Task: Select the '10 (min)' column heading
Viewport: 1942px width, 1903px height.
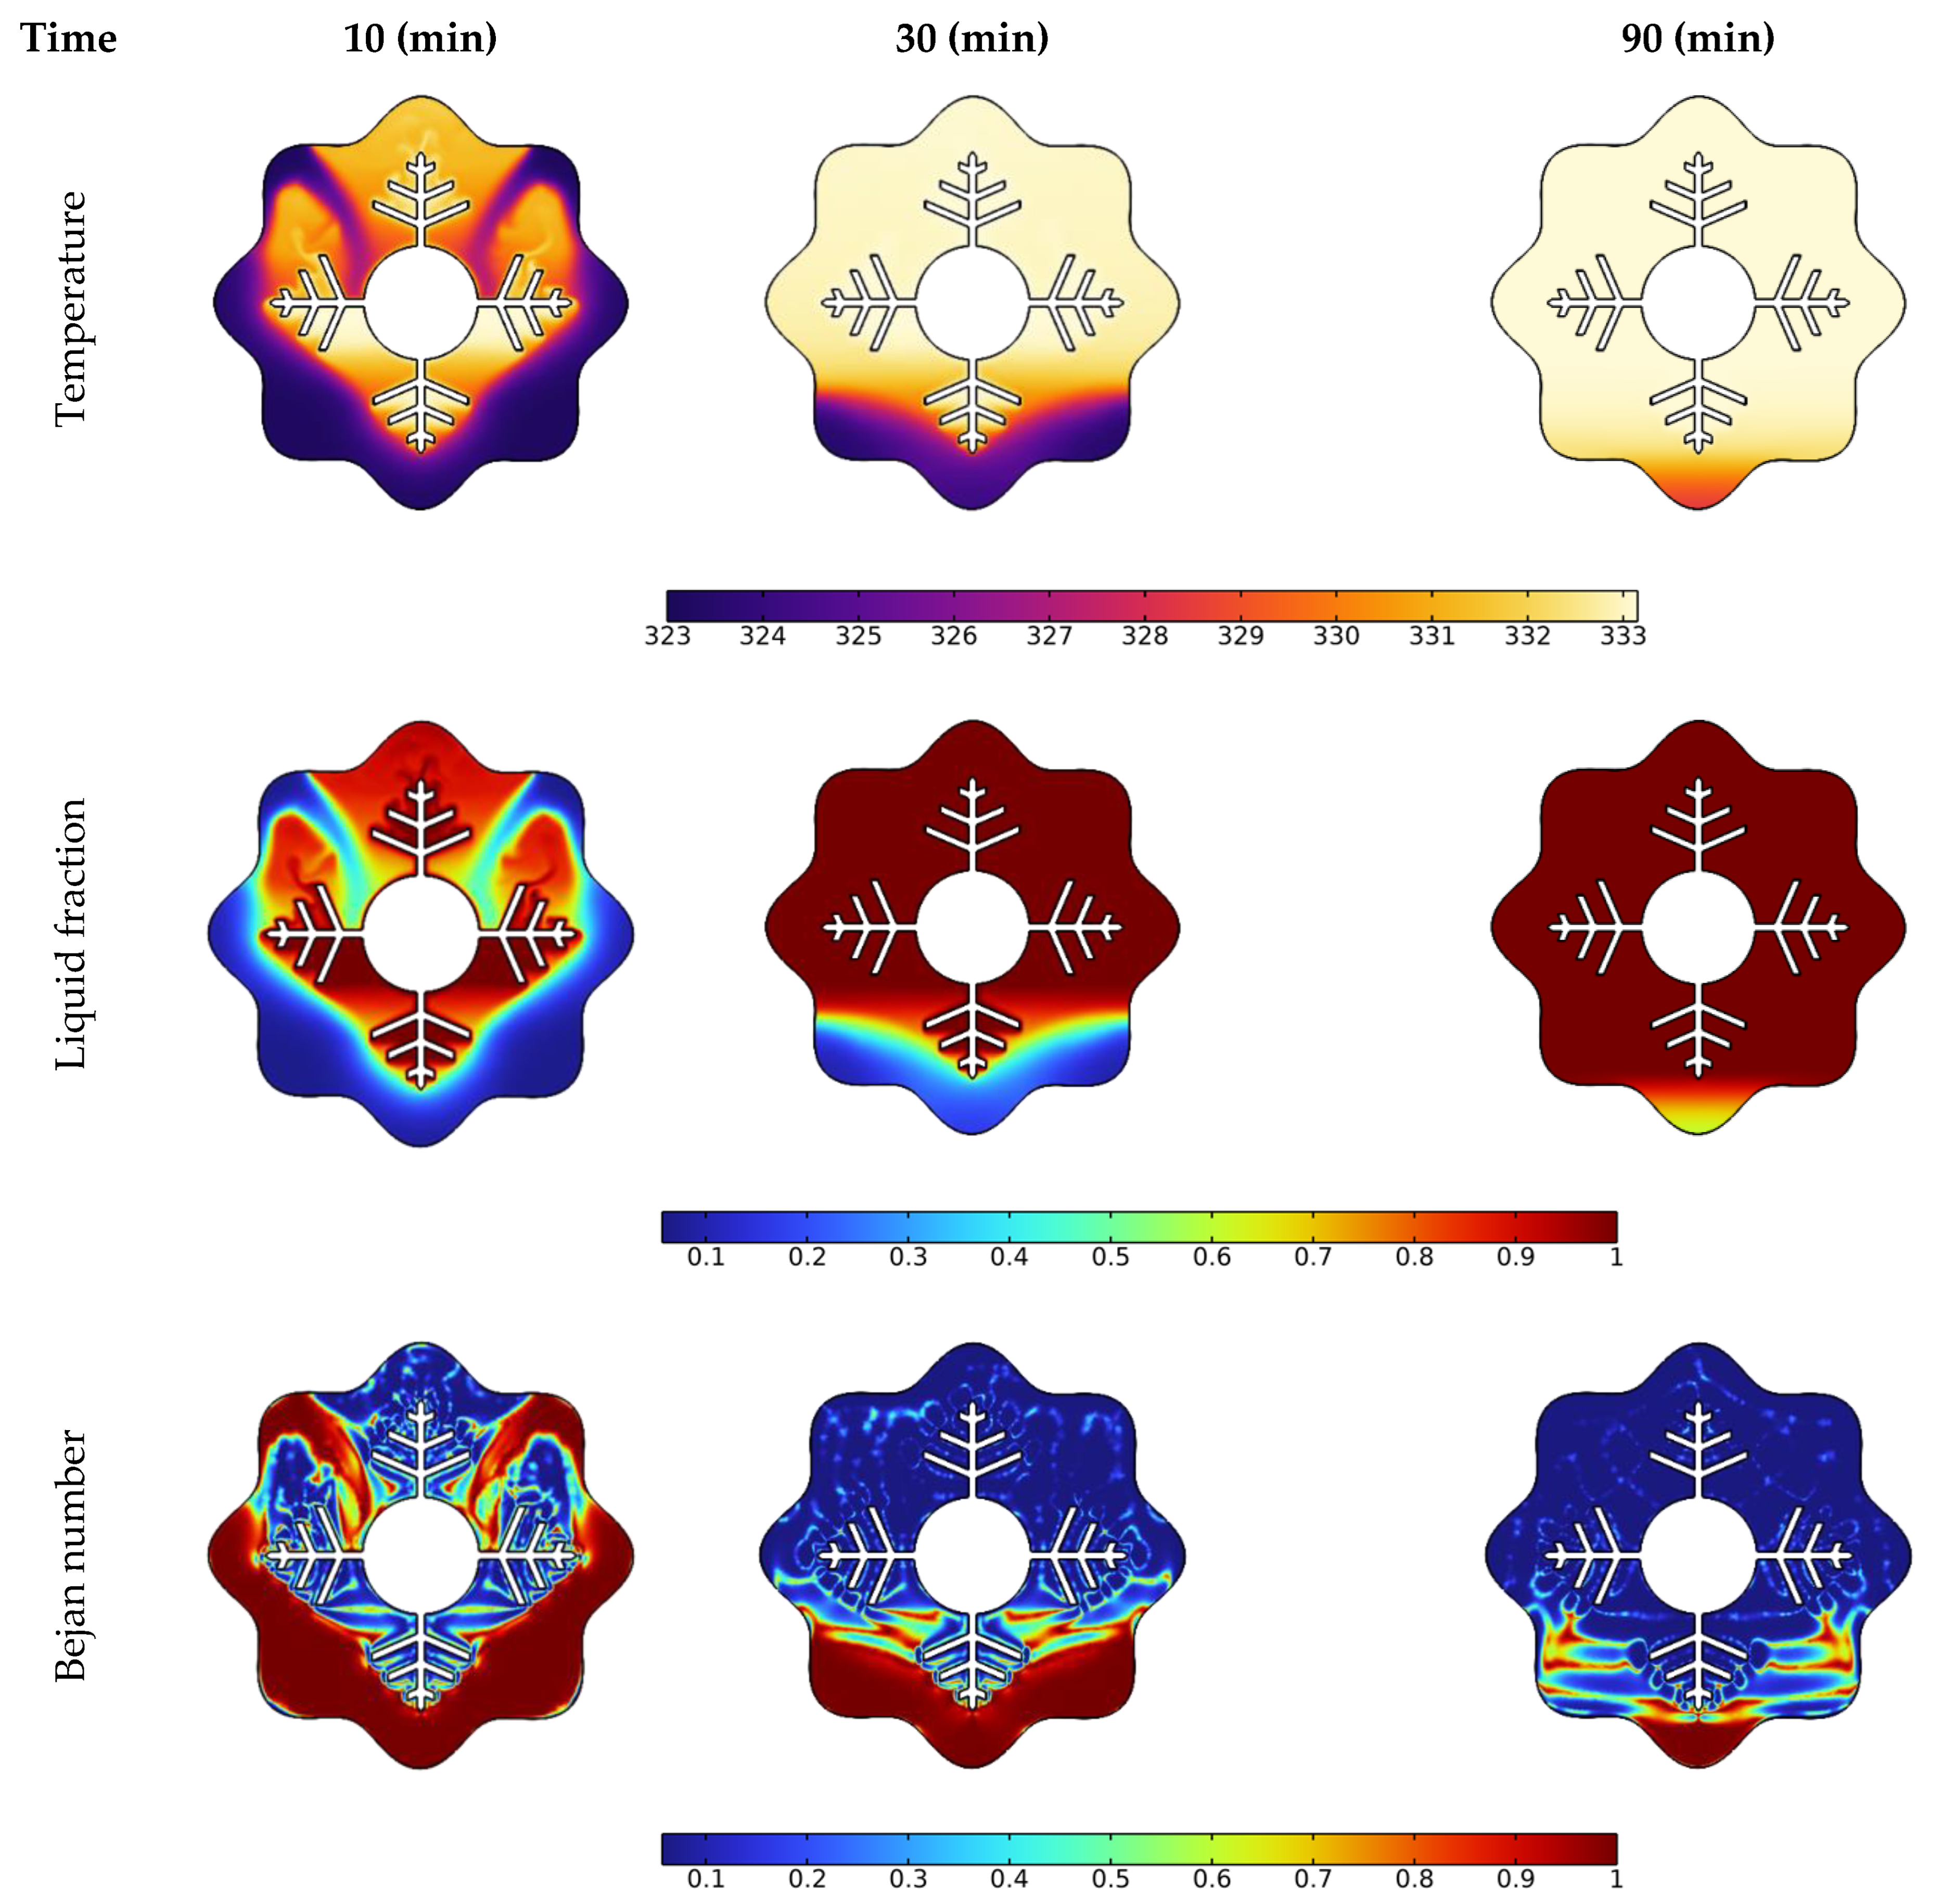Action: click(x=420, y=39)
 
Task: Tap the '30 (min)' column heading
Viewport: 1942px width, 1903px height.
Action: click(x=972, y=39)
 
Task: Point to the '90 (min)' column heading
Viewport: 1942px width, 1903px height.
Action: click(x=1697, y=39)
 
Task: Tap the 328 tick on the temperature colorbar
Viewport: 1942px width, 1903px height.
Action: click(x=1144, y=636)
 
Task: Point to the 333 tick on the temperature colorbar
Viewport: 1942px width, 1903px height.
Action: click(x=1622, y=636)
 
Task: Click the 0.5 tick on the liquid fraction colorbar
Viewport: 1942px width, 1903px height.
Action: click(x=1110, y=1256)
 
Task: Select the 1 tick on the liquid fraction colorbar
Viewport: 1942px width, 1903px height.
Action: click(x=1615, y=1256)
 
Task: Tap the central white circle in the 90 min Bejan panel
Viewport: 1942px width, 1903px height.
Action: click(x=1697, y=1556)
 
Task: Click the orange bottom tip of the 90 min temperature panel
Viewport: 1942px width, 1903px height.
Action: click(x=1697, y=490)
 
